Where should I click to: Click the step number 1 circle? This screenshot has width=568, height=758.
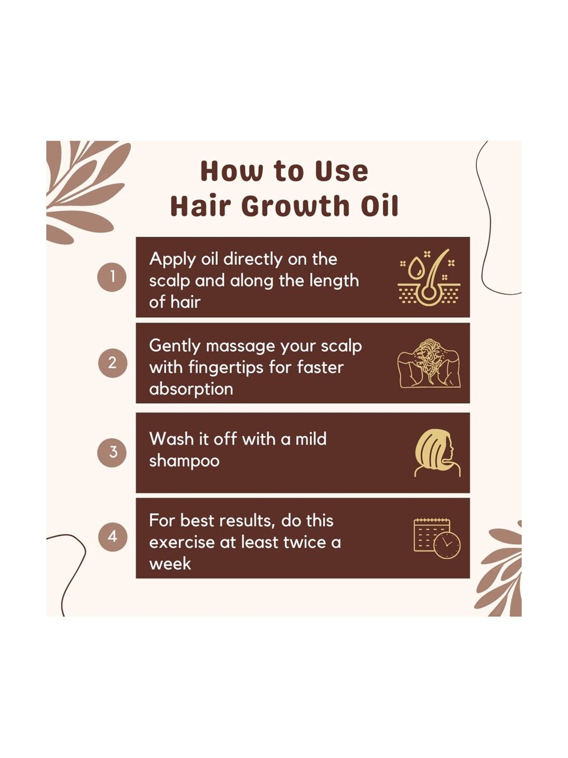point(112,277)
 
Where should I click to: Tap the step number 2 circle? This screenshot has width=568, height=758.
point(112,363)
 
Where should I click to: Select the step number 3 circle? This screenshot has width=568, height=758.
point(112,452)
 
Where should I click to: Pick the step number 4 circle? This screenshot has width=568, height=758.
point(112,537)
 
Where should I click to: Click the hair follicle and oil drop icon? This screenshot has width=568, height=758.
point(429,277)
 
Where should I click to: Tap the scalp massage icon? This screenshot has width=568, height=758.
point(429,363)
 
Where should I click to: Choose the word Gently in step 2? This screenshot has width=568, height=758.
point(174,346)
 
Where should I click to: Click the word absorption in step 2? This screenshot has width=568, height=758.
point(191,389)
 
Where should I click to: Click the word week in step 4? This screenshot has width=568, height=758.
point(170,564)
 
